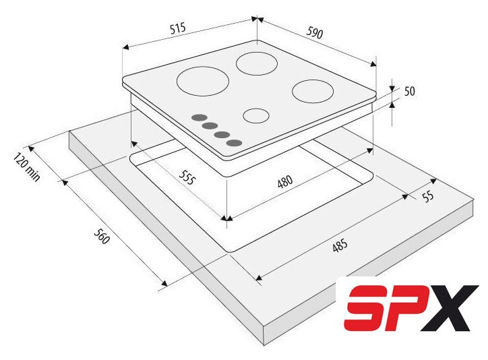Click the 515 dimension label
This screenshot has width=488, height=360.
coord(178,28)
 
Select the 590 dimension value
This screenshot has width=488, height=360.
coord(315,32)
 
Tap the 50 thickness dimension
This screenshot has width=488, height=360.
coord(410,91)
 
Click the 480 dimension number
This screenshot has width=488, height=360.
coord(285,182)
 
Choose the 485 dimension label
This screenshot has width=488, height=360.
coord(340,245)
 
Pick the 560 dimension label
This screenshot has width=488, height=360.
coord(102,236)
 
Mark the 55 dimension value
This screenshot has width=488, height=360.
coord(428,197)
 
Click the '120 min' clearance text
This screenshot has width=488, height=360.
coord(27,167)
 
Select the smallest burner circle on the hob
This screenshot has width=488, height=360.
coord(256,116)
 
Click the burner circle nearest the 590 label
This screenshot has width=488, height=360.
coord(256,63)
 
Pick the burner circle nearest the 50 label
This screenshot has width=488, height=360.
coord(313,92)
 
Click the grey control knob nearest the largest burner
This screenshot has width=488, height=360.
coord(200,117)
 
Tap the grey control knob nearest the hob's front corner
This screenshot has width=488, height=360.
coord(235,143)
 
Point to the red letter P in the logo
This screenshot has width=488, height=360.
coord(404,308)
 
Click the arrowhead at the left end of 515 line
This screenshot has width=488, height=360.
coord(125,47)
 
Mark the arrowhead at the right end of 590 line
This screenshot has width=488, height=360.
coord(373,64)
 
